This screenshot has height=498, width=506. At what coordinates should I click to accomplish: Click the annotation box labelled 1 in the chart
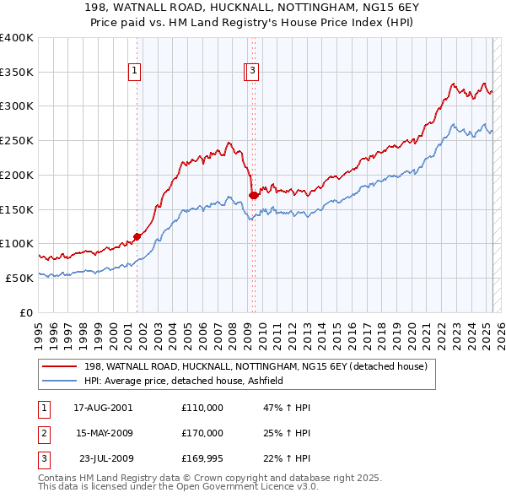[x=135, y=73]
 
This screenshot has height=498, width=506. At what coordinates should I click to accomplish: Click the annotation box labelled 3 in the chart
[x=253, y=73]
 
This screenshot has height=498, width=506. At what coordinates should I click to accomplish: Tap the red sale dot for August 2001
[x=137, y=236]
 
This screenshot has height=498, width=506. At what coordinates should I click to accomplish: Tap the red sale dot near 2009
[x=253, y=196]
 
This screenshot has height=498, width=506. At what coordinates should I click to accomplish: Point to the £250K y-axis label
[x=17, y=141]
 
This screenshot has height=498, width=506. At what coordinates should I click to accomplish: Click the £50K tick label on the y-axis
[x=20, y=278]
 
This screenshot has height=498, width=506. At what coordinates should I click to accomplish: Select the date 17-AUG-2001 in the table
[x=104, y=408]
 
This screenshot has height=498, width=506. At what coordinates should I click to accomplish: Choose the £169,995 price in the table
[x=202, y=458]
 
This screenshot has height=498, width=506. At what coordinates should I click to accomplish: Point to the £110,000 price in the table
[x=202, y=408]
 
